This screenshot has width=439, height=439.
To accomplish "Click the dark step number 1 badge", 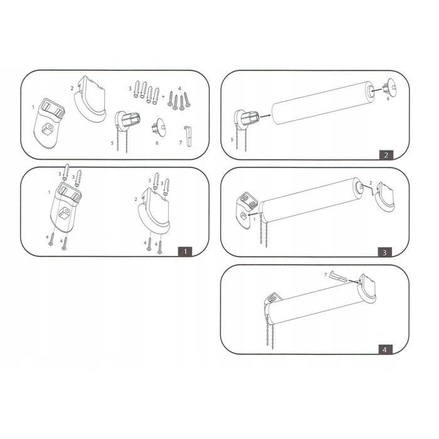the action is [x=185, y=251].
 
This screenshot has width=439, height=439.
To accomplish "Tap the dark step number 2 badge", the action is [x=386, y=155].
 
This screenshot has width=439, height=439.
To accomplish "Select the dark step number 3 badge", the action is [x=384, y=252].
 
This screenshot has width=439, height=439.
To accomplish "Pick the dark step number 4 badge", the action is [x=384, y=350].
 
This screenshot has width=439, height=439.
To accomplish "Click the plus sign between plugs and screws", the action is [x=164, y=96].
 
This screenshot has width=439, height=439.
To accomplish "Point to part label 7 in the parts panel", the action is [x=181, y=143].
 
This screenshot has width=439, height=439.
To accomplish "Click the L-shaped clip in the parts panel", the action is [x=188, y=136].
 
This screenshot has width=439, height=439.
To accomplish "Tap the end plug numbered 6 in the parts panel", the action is [x=159, y=127].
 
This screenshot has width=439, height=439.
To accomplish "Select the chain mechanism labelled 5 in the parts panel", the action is [x=126, y=126].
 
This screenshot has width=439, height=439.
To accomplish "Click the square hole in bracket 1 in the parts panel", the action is [x=48, y=129].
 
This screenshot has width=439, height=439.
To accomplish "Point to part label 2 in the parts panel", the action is [x=72, y=88].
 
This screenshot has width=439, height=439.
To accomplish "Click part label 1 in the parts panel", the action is [x=33, y=107].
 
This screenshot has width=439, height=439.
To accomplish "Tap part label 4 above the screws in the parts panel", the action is [x=179, y=88].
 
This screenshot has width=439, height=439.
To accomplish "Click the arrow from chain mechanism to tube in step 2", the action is [x=265, y=115].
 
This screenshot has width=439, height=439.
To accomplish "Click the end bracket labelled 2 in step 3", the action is [x=384, y=197].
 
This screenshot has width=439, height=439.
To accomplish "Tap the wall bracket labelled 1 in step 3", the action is [x=245, y=209].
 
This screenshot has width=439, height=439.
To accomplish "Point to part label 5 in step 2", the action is [x=232, y=140].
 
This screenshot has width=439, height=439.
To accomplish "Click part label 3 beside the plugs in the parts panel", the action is [x=130, y=88].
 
